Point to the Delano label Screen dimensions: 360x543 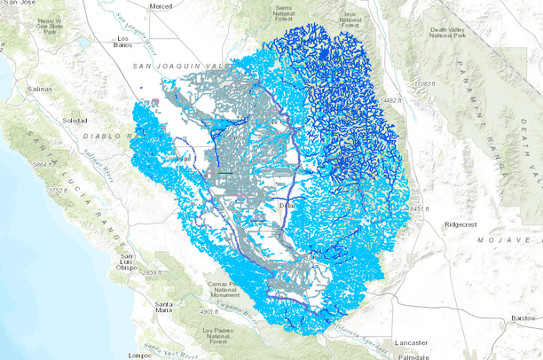pyautogui.click(x=290, y=205)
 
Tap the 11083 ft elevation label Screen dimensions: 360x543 pyautogui.click(x=429, y=83)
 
